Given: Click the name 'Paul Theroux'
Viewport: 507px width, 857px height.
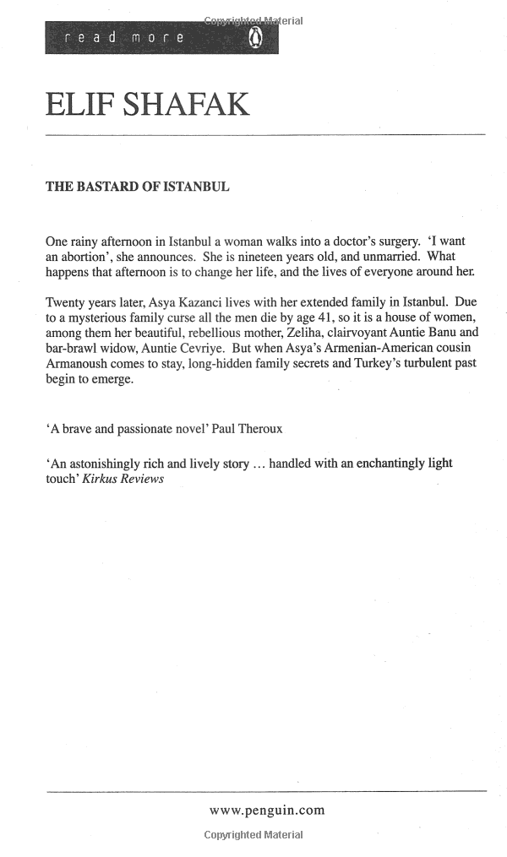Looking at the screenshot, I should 248,429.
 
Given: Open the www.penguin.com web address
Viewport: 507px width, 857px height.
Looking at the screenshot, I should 267,811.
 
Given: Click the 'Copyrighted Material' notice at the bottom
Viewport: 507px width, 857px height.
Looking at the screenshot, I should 253,835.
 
